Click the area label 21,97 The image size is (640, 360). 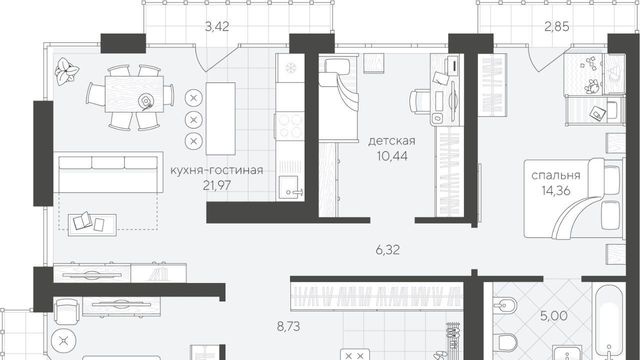[217, 186]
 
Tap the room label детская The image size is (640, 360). [392, 141]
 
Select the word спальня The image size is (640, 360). [556, 176]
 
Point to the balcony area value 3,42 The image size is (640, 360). [217, 27]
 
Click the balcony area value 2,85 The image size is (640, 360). [556, 27]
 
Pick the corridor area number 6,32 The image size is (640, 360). [388, 250]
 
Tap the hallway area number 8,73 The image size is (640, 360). [288, 327]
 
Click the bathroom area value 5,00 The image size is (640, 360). [554, 316]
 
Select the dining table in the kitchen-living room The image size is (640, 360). [134, 94]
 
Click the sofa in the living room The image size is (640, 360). [109, 172]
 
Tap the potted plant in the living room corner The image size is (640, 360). [67, 71]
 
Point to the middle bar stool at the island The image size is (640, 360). [194, 120]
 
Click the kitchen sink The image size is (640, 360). [290, 188]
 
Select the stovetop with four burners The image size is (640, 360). [290, 126]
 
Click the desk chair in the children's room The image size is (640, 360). [420, 101]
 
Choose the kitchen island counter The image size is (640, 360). [220, 118]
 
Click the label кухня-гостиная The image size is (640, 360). [217, 170]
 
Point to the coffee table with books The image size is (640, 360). [92, 224]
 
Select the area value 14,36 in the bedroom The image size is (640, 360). [556, 191]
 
